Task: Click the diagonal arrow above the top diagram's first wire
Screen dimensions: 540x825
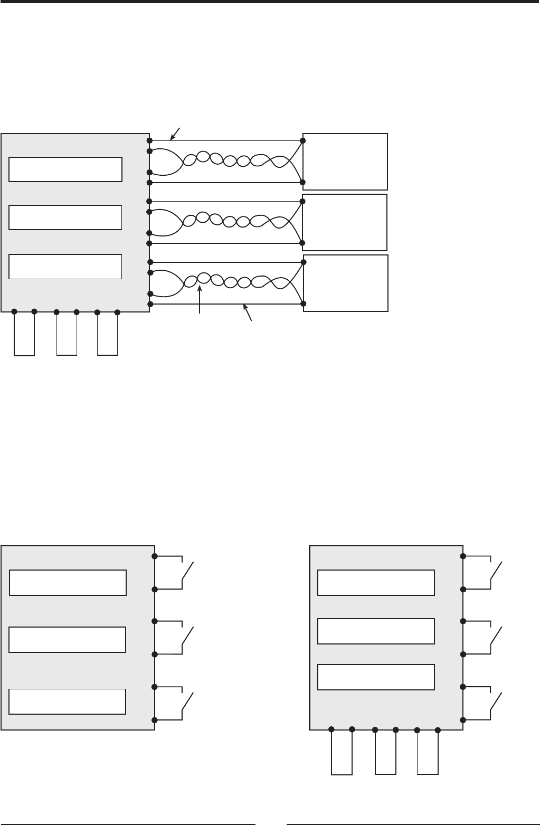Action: point(175,134)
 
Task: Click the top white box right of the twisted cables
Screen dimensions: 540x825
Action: point(345,162)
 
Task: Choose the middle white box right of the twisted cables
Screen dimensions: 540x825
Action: point(344,222)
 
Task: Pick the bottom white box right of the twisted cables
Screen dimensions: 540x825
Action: point(346,283)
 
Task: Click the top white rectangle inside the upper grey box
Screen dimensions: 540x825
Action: point(66,169)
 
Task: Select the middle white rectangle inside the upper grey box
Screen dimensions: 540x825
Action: point(66,217)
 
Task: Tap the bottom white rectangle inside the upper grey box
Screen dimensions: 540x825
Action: point(66,267)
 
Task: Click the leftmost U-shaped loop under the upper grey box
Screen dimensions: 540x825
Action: point(24,334)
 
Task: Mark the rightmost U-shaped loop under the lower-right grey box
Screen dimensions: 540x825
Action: point(428,752)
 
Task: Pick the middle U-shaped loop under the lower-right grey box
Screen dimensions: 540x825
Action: point(385,752)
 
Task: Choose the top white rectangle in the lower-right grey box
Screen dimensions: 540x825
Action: point(376,582)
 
